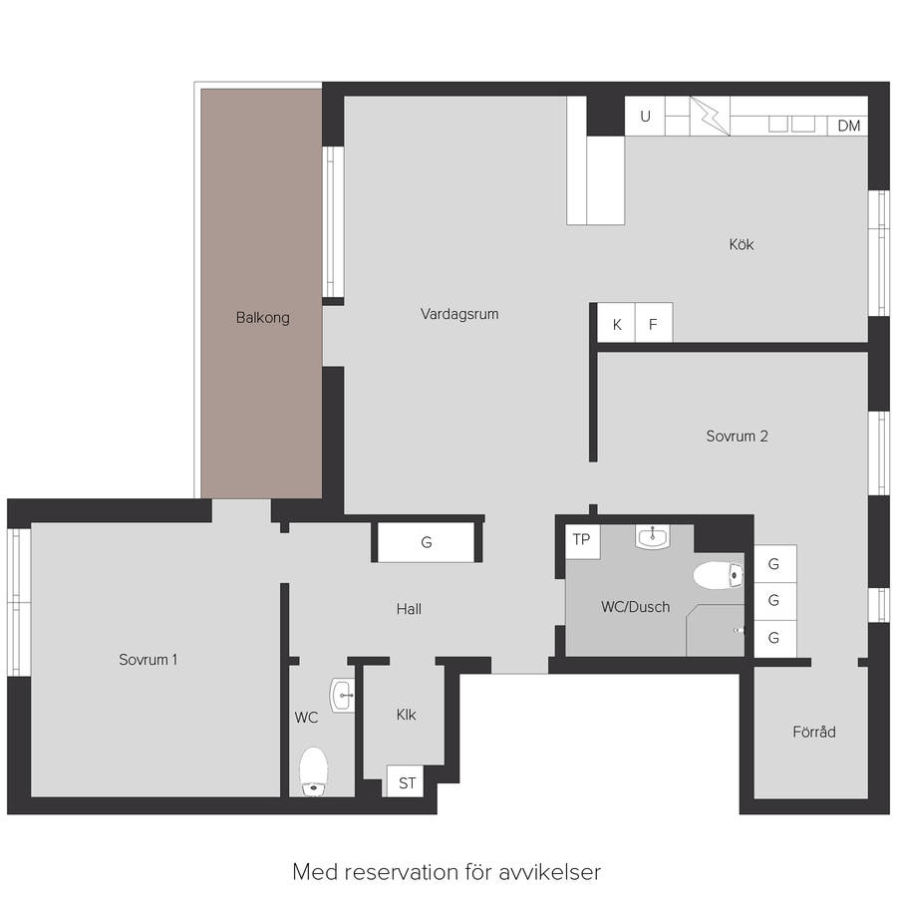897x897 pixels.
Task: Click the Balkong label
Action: [262, 318]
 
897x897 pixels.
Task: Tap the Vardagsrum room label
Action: [459, 314]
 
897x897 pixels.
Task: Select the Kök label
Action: [742, 244]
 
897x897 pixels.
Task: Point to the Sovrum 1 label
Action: [149, 660]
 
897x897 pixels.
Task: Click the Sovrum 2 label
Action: [737, 436]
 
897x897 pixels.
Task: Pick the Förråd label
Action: [814, 732]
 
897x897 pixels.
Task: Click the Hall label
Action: [409, 609]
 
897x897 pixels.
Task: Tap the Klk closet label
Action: [407, 715]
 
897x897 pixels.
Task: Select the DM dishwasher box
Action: [848, 126]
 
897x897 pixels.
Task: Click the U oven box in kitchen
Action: [645, 117]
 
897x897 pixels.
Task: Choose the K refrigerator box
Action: [616, 323]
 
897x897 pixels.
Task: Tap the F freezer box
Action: [653, 323]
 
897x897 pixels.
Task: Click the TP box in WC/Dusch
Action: [582, 541]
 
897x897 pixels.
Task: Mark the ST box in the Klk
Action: [406, 781]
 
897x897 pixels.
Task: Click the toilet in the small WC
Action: [314, 771]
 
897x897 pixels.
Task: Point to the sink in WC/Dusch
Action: [652, 537]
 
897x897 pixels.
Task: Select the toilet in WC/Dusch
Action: [719, 575]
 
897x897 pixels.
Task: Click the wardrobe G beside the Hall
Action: [427, 542]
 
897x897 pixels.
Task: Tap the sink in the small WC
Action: [342, 695]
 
